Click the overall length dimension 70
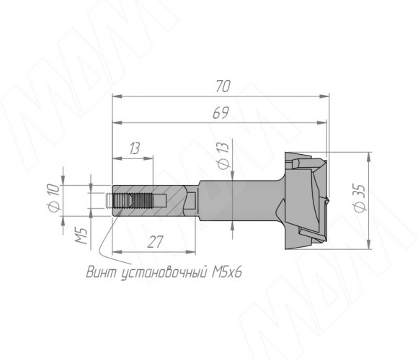[x=223, y=86]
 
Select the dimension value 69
[x=221, y=113]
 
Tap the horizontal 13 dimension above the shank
[x=135, y=148]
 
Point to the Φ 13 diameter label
[x=223, y=156]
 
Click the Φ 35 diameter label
[x=360, y=198]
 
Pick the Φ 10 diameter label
[x=54, y=197]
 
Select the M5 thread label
[x=81, y=236]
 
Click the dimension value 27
[x=155, y=242]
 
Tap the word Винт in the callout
[x=102, y=272]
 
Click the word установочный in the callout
[x=164, y=273]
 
